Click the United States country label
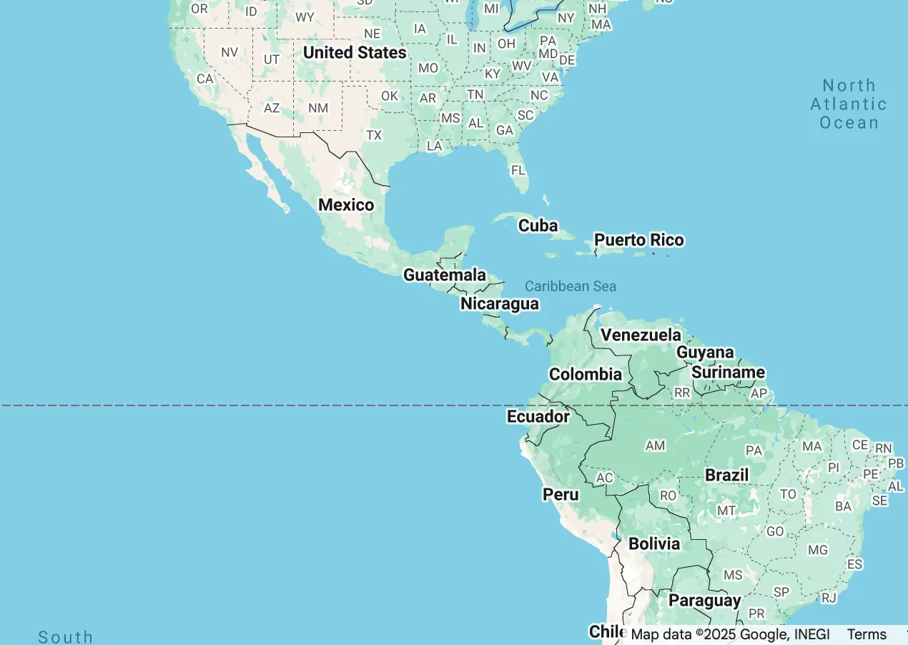tap(355, 52)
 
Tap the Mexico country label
tap(346, 205)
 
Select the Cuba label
tap(538, 225)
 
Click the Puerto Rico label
tap(639, 240)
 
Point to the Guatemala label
tap(445, 275)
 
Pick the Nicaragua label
tap(500, 303)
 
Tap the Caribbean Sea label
tap(571, 286)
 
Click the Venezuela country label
tap(641, 335)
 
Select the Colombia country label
tap(586, 374)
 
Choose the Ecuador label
tap(538, 416)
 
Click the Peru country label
tap(561, 494)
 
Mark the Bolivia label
tap(654, 543)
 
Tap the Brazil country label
tap(727, 475)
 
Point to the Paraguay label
tap(705, 601)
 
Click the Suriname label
tap(728, 372)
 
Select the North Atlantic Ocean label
tap(849, 104)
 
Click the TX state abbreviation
tap(374, 134)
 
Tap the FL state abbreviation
tap(518, 170)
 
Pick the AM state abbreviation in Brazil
tap(655, 445)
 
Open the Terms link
tap(867, 634)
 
